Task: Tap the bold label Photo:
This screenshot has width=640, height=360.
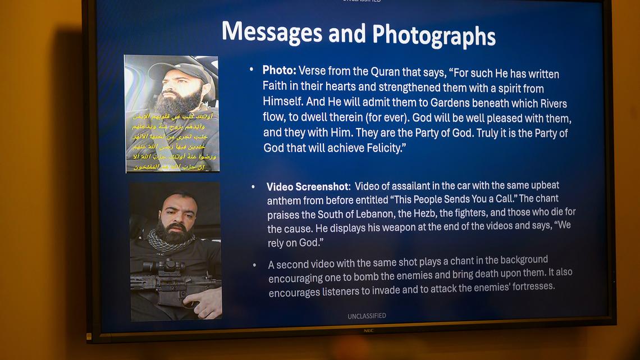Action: point(279,70)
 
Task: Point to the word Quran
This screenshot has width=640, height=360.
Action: point(386,71)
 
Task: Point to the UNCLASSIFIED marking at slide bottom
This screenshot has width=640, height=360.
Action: point(367,316)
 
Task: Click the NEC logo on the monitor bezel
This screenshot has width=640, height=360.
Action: point(368,331)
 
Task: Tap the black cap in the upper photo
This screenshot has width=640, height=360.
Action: point(175,70)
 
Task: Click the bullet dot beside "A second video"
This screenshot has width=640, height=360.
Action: point(255,264)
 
